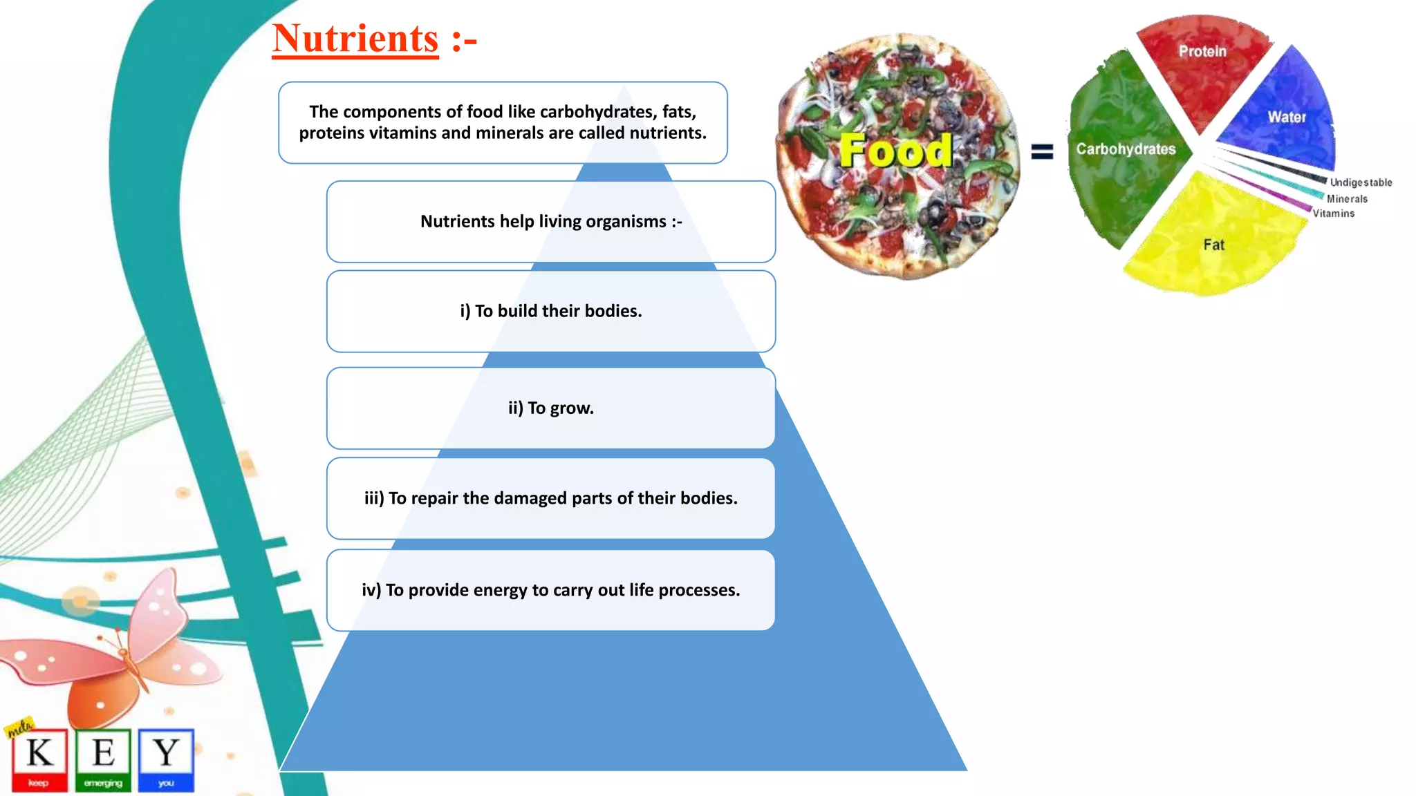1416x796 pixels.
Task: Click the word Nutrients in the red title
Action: tap(355, 39)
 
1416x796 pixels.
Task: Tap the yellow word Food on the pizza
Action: tap(895, 150)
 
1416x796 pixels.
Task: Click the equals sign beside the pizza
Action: tap(1042, 151)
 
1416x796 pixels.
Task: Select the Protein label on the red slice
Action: tap(1202, 51)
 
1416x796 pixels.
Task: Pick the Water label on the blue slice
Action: tap(1287, 117)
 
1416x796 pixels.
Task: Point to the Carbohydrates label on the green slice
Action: tap(1126, 149)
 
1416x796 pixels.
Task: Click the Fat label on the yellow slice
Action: tap(1213, 245)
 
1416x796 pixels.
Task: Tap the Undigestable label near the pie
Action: tap(1361, 182)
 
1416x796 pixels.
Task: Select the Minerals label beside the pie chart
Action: tap(1347, 199)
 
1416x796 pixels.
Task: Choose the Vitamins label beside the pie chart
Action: tap(1334, 214)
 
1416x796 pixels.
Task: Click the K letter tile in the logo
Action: tap(39, 759)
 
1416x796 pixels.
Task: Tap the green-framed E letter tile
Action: tap(103, 759)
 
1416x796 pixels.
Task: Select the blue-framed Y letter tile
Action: tap(166, 759)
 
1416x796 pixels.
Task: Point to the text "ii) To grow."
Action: tap(551, 408)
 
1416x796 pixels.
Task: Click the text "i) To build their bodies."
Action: tap(551, 312)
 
